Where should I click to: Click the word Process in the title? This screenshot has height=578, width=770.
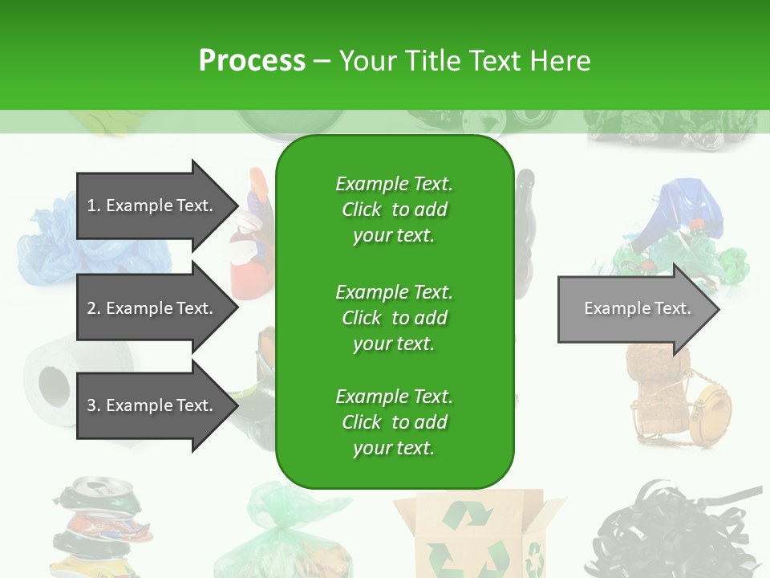coord(252,61)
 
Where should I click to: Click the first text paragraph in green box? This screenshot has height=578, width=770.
coord(394,210)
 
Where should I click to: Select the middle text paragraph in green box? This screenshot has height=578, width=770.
coord(394,318)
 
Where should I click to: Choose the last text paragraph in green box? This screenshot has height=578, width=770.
coord(394,422)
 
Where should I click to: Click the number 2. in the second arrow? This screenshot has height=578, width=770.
coord(94,308)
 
